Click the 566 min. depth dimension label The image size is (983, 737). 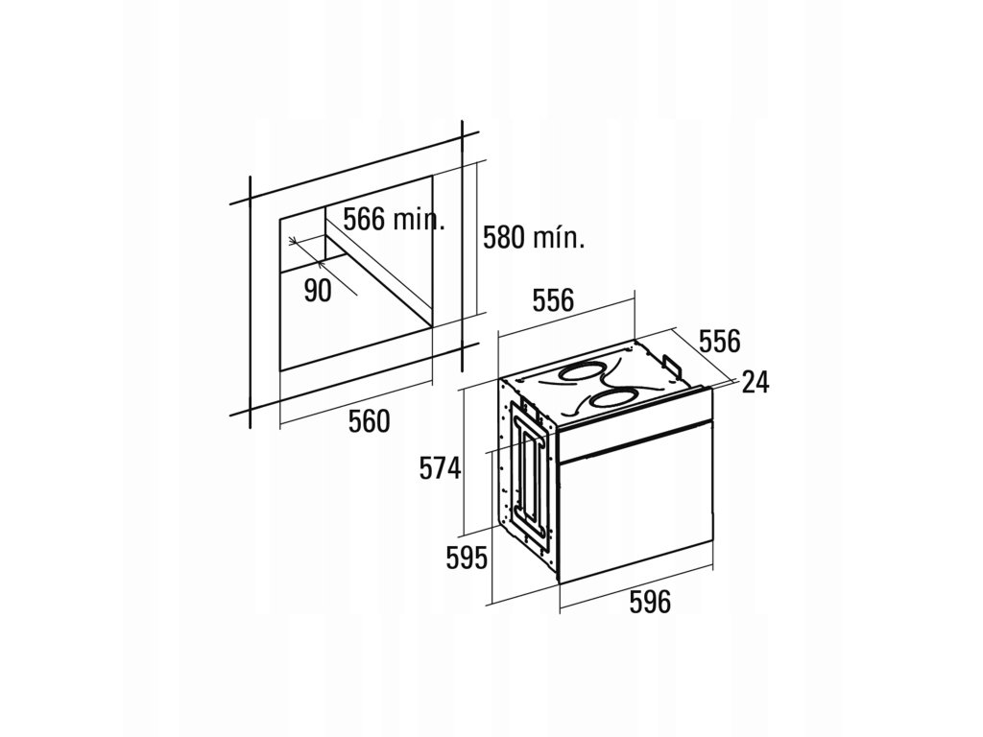(x=395, y=219)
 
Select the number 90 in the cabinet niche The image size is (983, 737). (x=318, y=291)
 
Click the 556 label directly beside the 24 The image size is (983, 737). (x=719, y=341)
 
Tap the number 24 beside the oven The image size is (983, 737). (x=756, y=382)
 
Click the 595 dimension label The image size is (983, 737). (x=468, y=557)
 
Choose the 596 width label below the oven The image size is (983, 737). (x=649, y=603)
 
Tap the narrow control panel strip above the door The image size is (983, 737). (x=635, y=439)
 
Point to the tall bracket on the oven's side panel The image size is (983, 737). (x=526, y=470)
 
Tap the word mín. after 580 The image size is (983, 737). (x=562, y=239)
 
